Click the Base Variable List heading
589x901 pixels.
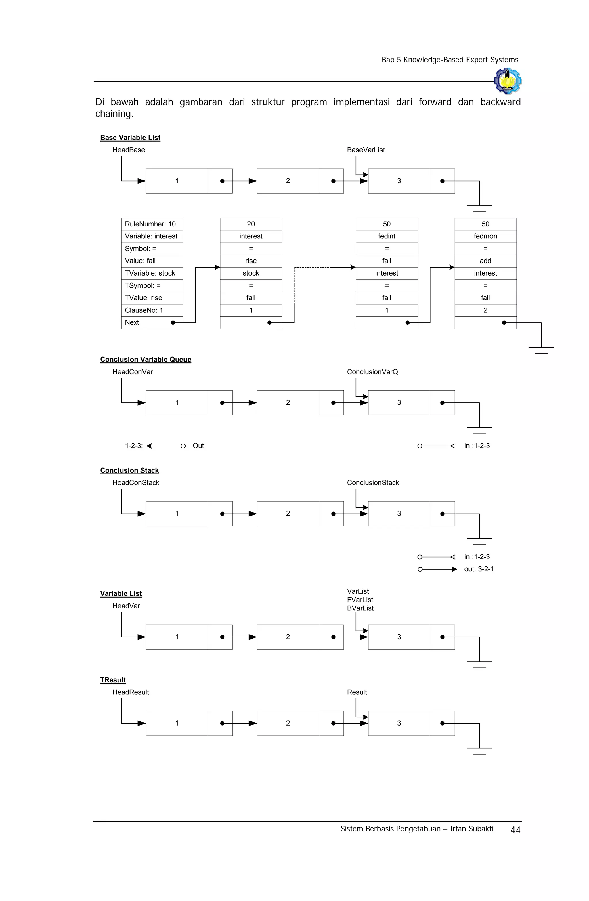point(130,138)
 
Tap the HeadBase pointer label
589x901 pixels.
point(129,150)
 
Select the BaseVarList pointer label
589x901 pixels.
point(366,150)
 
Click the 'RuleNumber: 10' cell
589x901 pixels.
point(152,224)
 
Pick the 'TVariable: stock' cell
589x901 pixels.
point(152,273)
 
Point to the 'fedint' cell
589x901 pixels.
point(387,236)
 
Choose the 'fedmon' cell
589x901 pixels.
point(485,236)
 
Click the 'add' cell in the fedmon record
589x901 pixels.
point(485,261)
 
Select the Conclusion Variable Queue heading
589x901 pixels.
point(145,359)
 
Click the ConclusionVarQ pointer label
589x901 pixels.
point(372,372)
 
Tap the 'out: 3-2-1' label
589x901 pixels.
point(479,569)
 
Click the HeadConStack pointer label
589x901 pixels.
point(136,483)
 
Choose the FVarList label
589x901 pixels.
point(360,600)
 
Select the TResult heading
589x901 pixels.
point(113,680)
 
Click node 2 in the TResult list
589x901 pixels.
point(288,723)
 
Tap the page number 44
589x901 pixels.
point(515,830)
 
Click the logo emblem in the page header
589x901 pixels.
point(507,81)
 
